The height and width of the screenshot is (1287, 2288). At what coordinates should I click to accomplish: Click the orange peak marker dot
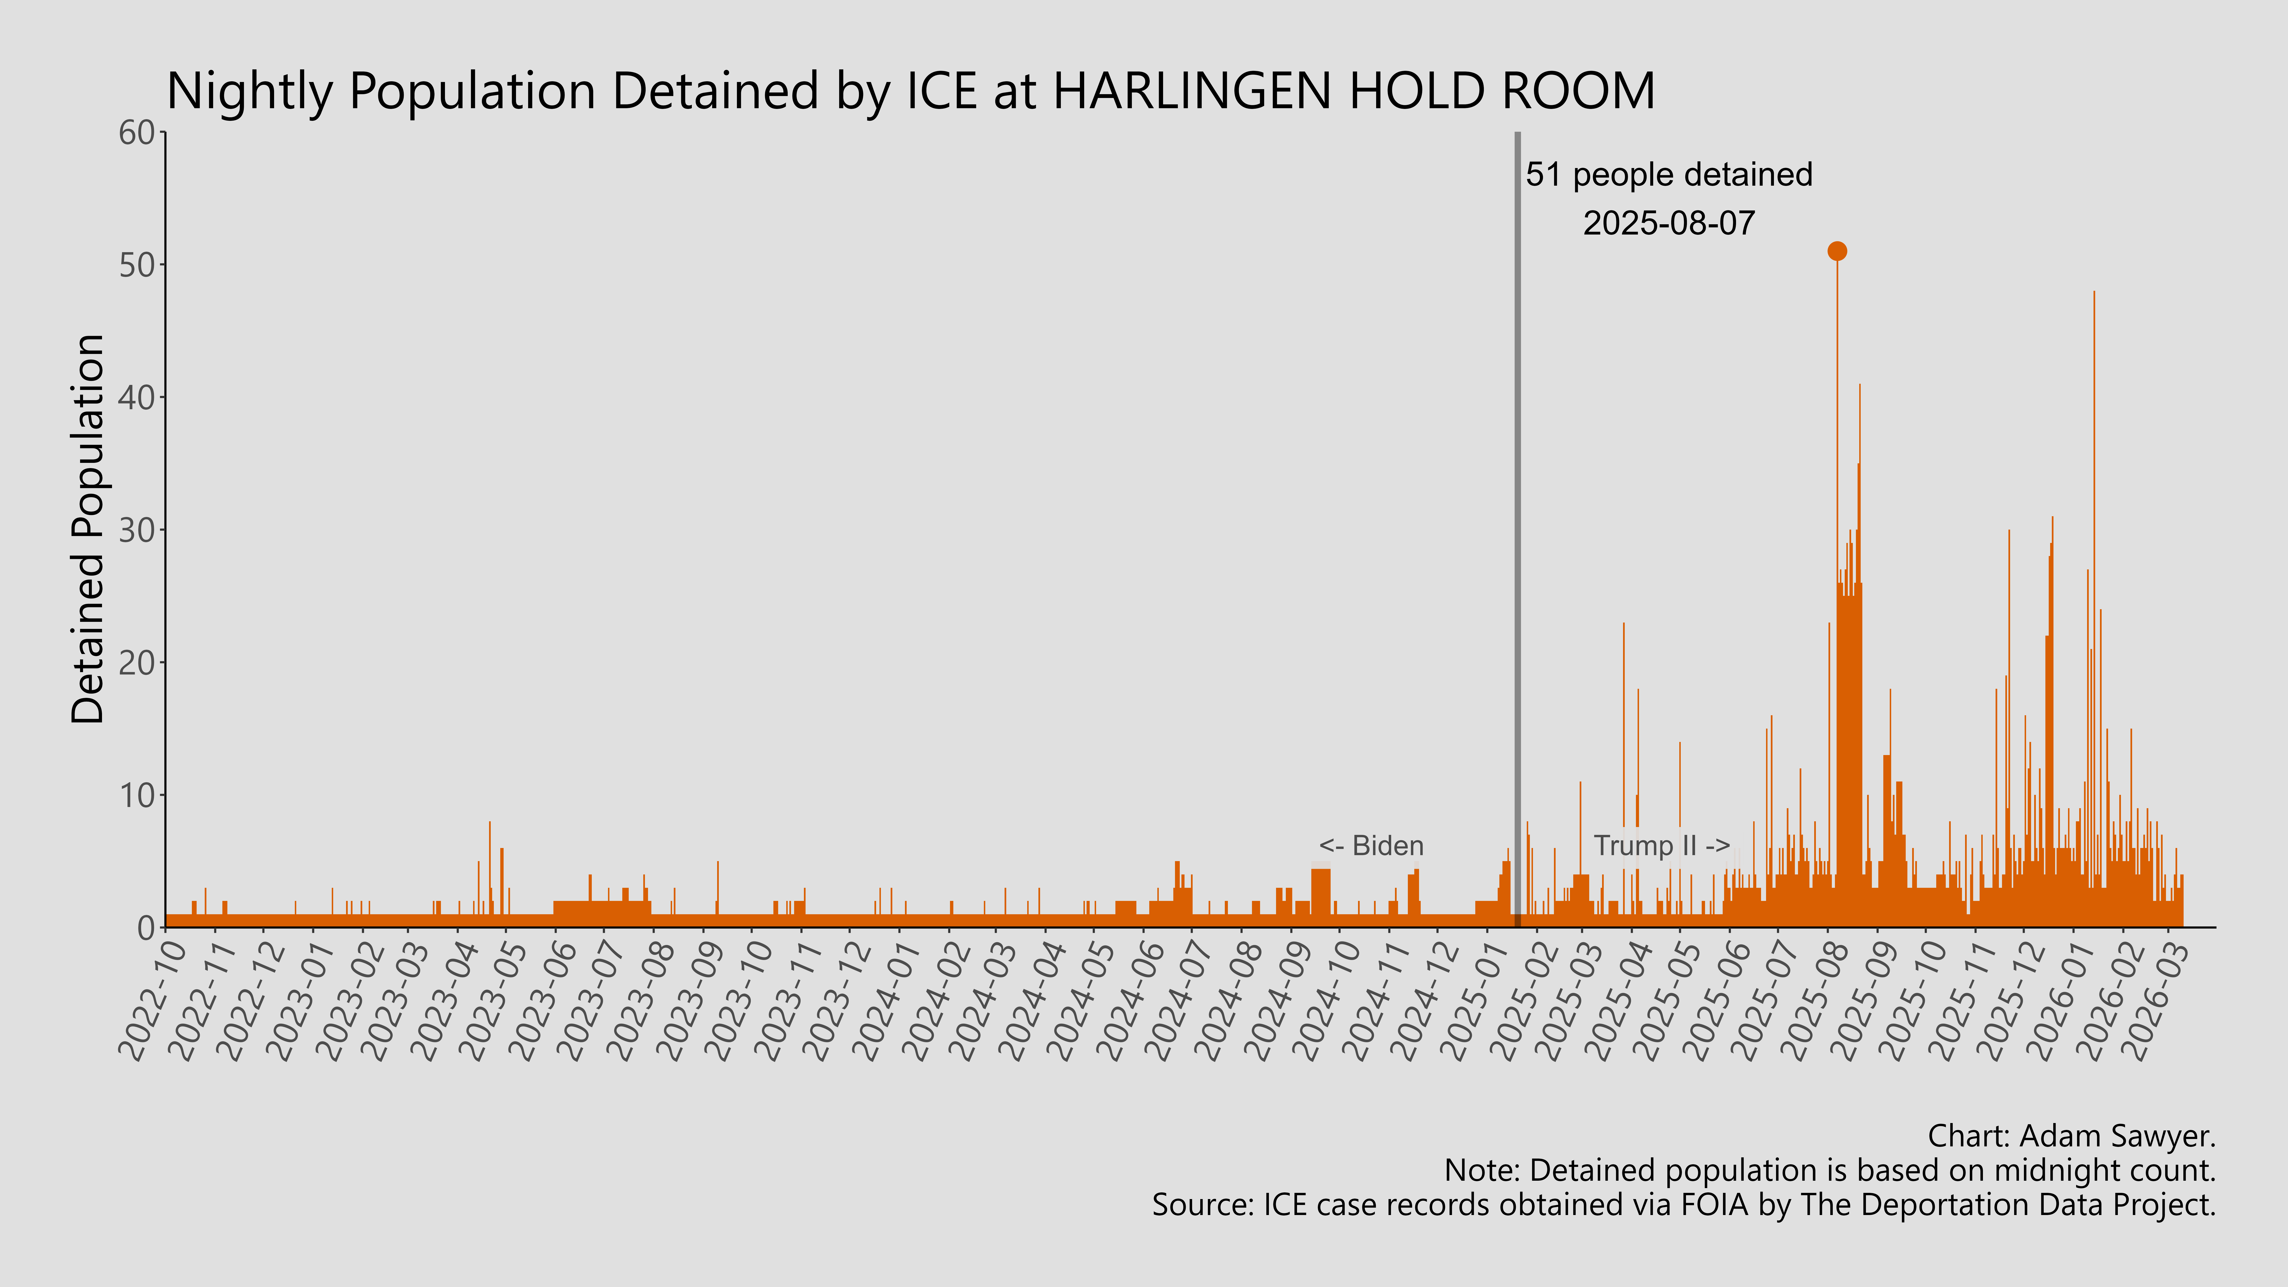(1837, 251)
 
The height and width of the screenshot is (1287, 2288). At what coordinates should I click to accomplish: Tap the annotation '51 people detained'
(1668, 175)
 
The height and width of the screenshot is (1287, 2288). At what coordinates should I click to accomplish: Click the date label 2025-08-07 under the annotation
(1668, 223)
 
